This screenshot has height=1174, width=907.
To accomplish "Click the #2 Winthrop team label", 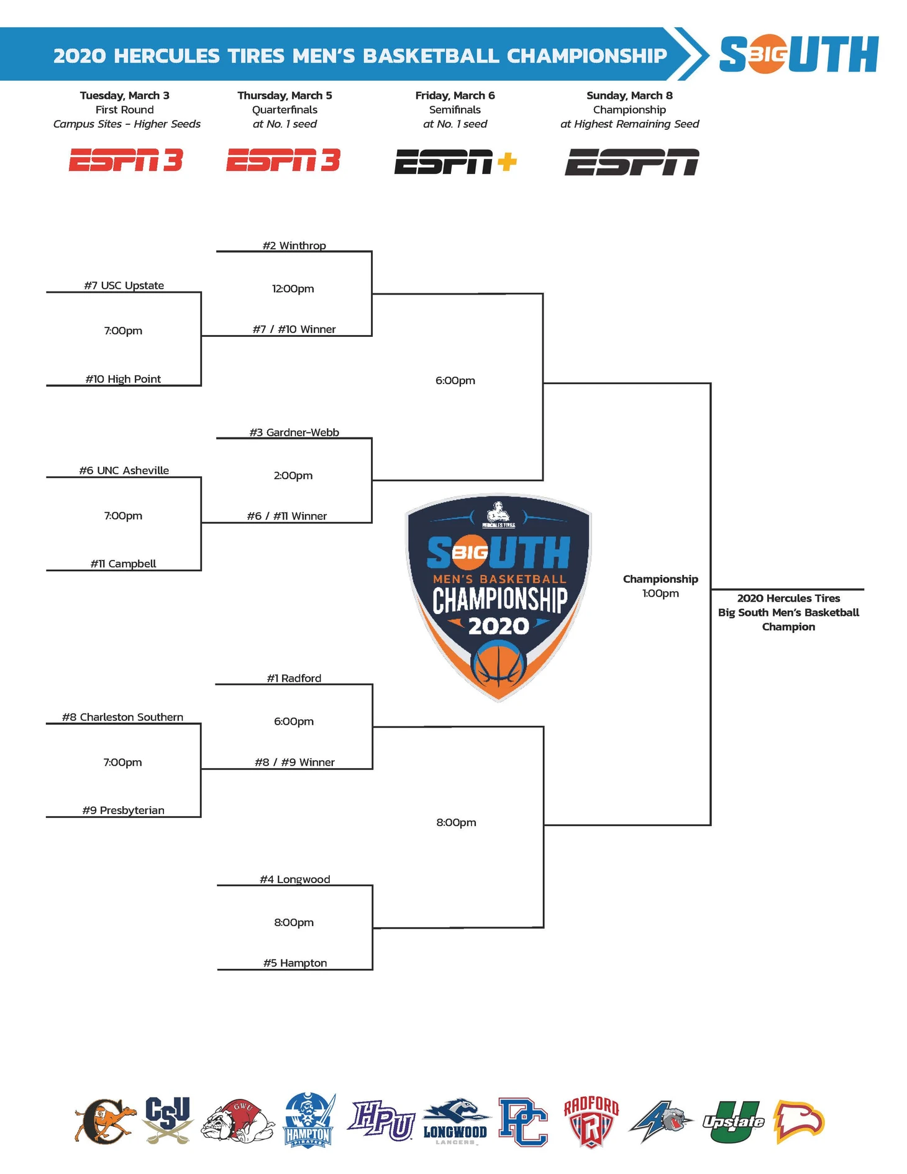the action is (x=294, y=245).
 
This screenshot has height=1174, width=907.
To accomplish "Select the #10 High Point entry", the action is (x=123, y=379).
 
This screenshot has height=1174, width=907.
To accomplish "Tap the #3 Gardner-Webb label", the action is (x=294, y=433).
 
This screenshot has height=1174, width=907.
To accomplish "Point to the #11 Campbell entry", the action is (x=123, y=564).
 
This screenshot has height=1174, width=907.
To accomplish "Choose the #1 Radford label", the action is (x=294, y=679).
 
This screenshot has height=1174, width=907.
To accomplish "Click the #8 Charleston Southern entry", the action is (x=122, y=717).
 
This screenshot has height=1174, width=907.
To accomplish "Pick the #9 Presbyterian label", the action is (x=123, y=810).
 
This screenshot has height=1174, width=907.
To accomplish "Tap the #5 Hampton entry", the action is (x=295, y=963).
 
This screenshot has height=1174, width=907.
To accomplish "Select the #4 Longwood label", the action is (x=295, y=879).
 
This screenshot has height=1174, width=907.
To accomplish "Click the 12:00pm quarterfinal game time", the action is (x=293, y=289).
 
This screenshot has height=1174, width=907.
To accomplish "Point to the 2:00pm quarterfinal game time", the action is (x=293, y=476).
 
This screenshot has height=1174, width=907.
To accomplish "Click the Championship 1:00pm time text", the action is (x=660, y=594).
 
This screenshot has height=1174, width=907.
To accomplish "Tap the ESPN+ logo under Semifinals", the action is (x=455, y=162).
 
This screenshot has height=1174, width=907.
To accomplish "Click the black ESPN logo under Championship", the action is (x=632, y=162).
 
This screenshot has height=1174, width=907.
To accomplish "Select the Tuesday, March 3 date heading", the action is (x=124, y=96).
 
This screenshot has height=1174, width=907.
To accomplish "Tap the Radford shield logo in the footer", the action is (x=591, y=1122).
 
